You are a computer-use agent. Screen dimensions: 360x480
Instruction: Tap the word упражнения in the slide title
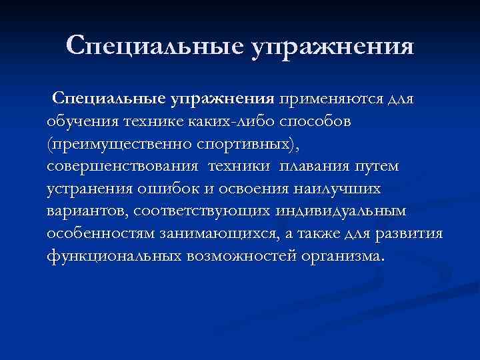point(332,47)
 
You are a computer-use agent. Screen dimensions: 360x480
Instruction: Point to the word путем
point(382,167)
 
